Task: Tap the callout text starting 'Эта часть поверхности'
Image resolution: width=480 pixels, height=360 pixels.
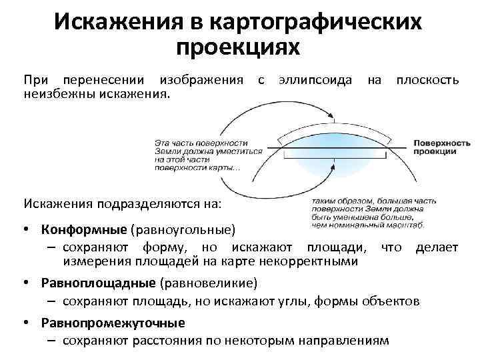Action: pyautogui.click(x=199, y=155)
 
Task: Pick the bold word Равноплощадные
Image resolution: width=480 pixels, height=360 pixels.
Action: pyautogui.click(x=98, y=283)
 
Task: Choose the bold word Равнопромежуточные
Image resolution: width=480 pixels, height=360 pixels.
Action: pyautogui.click(x=113, y=323)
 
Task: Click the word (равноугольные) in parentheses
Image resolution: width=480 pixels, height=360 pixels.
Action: pyautogui.click(x=183, y=230)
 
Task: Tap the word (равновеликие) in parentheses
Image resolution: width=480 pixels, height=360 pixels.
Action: pyautogui.click(x=208, y=283)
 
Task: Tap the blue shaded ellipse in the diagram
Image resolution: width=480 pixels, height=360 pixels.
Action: pyautogui.click(x=334, y=162)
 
